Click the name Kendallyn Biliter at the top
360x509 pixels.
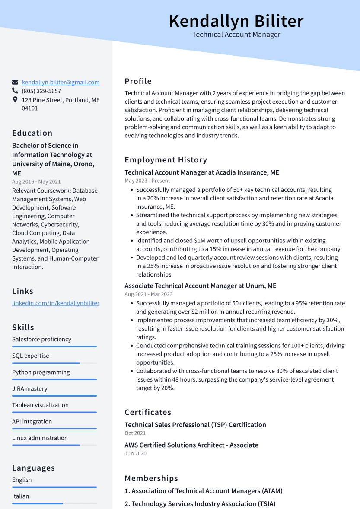tap(236, 21)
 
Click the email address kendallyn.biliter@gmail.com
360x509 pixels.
tap(61, 82)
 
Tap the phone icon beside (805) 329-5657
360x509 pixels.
tap(15, 91)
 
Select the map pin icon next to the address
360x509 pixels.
tap(15, 100)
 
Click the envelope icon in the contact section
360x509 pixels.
tap(15, 82)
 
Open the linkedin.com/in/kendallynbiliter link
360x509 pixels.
tap(56, 303)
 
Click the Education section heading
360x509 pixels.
tap(32, 133)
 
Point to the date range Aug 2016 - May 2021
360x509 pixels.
tap(36, 182)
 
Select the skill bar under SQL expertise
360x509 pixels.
tap(54, 363)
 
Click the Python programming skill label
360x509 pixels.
tap(41, 372)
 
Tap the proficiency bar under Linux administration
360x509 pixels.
tap(54, 445)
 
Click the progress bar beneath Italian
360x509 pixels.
tap(54, 503)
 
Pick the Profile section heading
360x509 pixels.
tap(138, 81)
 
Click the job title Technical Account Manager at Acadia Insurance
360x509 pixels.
tap(202, 172)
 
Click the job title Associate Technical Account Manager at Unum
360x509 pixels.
tap(201, 286)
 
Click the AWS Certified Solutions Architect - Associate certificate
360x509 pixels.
tap(191, 445)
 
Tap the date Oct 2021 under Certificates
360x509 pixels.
tap(135, 433)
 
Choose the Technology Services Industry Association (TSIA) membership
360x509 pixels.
tap(200, 504)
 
